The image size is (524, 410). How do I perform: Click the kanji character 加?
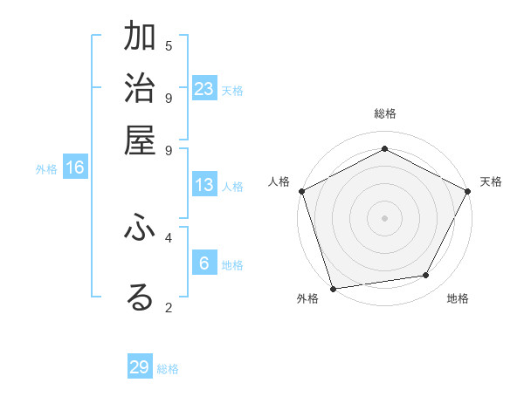point(140,38)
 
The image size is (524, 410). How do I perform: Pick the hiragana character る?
point(140,297)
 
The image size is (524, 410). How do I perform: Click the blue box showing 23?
point(204,89)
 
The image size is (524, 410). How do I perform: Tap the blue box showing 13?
point(204,185)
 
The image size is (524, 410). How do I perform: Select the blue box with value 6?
point(204,263)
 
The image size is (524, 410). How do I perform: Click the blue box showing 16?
point(75,167)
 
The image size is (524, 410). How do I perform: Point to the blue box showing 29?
point(140,367)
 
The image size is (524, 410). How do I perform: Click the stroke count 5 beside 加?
point(169,45)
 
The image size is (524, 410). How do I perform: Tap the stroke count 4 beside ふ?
point(169,236)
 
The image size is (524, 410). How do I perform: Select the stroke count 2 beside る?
point(169,307)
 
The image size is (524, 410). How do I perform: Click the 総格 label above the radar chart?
point(384,113)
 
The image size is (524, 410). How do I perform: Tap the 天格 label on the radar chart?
point(491,181)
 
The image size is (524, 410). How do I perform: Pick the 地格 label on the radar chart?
point(458,298)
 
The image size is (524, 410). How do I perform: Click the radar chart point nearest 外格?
point(334,288)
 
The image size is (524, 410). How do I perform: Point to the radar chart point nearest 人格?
point(301,191)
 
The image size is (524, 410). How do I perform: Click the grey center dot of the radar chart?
point(384,217)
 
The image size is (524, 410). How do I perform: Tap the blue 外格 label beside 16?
point(45,169)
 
